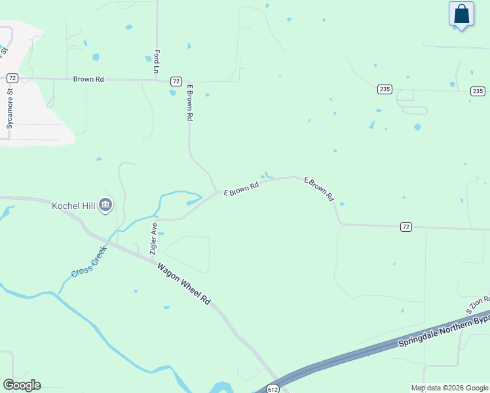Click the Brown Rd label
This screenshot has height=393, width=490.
pyautogui.click(x=88, y=79)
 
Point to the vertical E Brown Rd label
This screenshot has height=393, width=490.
pyautogui.click(x=190, y=102)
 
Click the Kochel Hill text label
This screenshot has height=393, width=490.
pyautogui.click(x=74, y=206)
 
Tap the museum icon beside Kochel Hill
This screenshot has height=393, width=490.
pyautogui.click(x=105, y=206)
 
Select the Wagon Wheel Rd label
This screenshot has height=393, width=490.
pyautogui.click(x=184, y=283)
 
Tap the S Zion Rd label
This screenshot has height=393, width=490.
pyautogui.click(x=478, y=303)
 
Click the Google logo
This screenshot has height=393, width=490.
pyautogui.click(x=22, y=385)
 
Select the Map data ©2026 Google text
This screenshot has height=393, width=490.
pyautogui.click(x=449, y=388)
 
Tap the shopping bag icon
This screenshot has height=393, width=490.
pyautogui.click(x=461, y=14)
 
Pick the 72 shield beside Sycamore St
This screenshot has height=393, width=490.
pyautogui.click(x=12, y=78)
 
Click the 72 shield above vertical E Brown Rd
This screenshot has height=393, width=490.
pyautogui.click(x=176, y=81)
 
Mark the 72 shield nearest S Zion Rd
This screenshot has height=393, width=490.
pyautogui.click(x=406, y=227)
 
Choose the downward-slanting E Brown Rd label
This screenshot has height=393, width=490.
pyautogui.click(x=320, y=189)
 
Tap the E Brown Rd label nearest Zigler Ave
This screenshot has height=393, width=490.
pyautogui.click(x=241, y=189)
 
